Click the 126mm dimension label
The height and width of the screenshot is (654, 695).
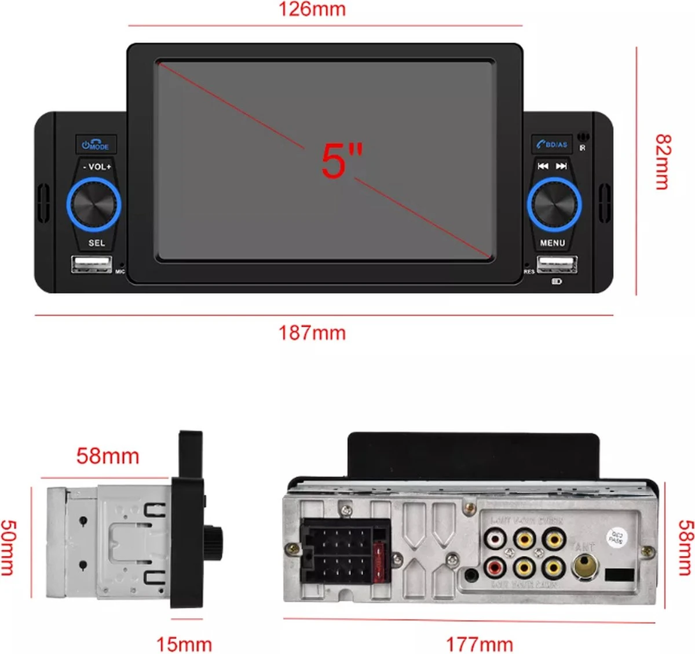click(x=312, y=10)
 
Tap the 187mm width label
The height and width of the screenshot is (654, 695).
click(x=312, y=333)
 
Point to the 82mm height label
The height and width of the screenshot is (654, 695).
click(x=663, y=162)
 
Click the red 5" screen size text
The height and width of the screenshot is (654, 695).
click(x=341, y=161)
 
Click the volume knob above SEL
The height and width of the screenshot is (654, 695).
click(x=94, y=204)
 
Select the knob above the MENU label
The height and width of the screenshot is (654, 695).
click(x=554, y=204)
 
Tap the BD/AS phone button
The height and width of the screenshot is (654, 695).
click(x=552, y=144)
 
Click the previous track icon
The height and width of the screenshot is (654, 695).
click(x=543, y=166)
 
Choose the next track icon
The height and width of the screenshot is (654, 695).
click(x=561, y=166)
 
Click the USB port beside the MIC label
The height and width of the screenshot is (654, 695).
click(x=92, y=264)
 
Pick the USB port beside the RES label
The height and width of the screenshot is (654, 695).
click(x=557, y=264)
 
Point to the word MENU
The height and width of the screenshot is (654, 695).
click(x=553, y=243)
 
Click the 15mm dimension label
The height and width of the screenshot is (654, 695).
click(x=184, y=644)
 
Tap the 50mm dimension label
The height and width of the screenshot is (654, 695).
click(x=8, y=547)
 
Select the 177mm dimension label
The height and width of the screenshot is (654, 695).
click(x=479, y=644)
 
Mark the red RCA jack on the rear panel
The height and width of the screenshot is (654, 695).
click(x=495, y=568)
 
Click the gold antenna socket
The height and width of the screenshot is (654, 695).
click(x=584, y=566)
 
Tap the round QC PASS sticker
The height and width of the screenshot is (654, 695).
click(x=616, y=537)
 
